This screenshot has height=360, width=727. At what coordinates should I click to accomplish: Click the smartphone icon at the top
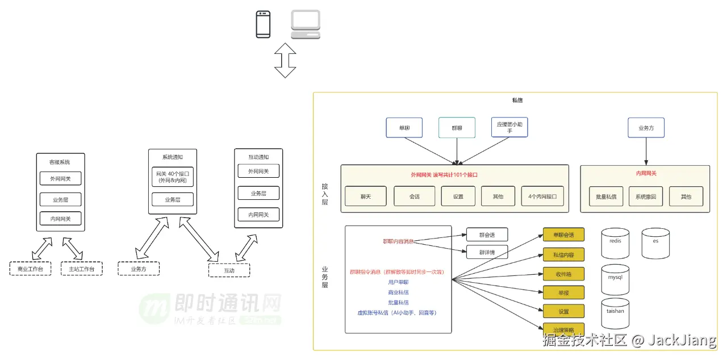click(x=263, y=24)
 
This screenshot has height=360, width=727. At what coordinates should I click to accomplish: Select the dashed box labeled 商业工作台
click(x=30, y=269)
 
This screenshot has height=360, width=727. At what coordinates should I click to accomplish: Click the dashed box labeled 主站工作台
click(x=81, y=269)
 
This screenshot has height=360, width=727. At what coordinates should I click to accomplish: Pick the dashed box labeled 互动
click(x=229, y=270)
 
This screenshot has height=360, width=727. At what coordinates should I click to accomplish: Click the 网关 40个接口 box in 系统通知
click(x=172, y=177)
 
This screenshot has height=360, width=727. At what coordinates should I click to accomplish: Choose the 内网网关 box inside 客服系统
click(x=60, y=219)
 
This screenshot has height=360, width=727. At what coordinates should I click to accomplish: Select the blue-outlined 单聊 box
click(x=404, y=128)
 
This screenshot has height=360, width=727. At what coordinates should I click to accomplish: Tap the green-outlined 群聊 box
click(x=457, y=128)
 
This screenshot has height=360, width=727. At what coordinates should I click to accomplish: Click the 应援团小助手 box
click(x=509, y=127)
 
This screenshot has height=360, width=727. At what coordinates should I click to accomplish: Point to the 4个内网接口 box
click(x=542, y=196)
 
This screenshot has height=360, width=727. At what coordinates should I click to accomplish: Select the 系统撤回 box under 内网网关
click(x=645, y=196)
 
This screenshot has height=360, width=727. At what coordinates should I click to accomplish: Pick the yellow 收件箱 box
click(x=563, y=274)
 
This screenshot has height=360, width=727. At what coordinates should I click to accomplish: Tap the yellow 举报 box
click(x=563, y=292)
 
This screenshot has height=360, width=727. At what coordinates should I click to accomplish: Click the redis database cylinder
click(x=615, y=244)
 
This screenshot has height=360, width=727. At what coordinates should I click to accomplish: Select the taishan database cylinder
click(x=615, y=313)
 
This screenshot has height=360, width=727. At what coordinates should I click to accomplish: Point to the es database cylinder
click(x=655, y=244)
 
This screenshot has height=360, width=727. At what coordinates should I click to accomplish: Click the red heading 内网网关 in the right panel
click(x=646, y=173)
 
